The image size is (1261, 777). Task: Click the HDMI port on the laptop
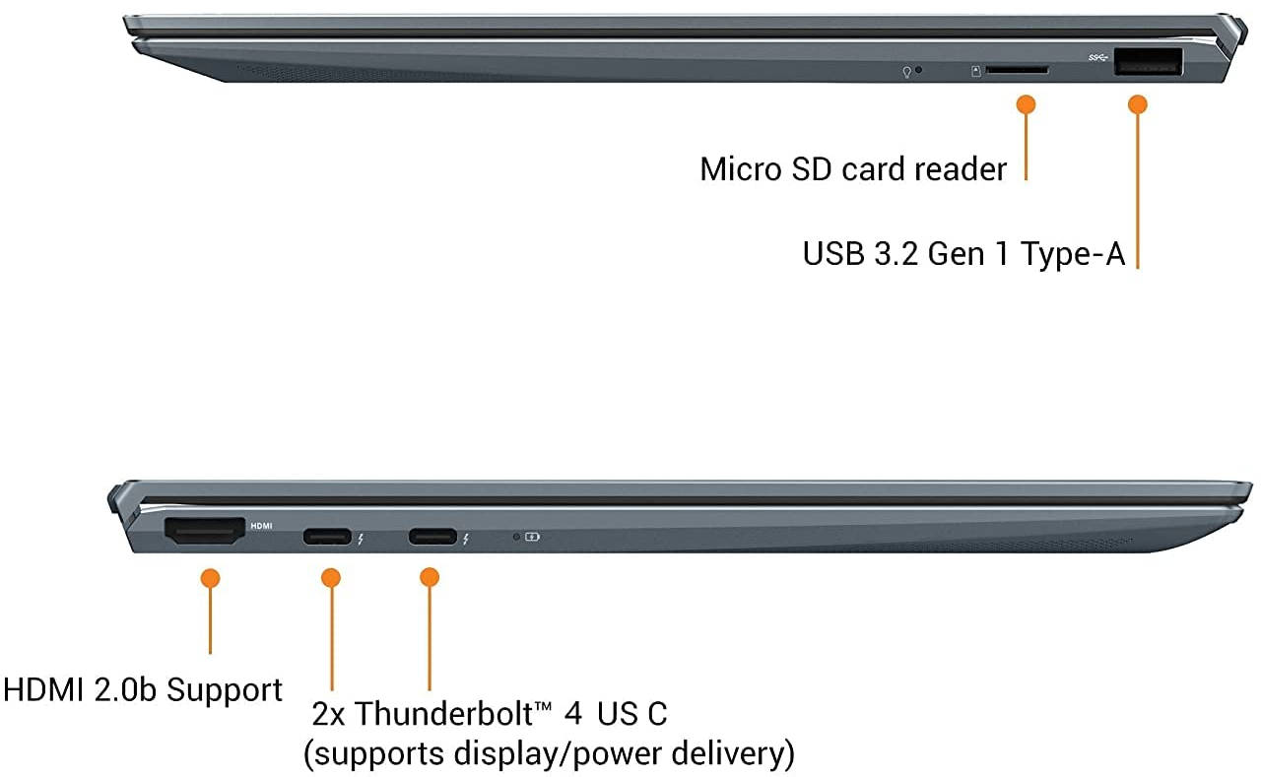tap(205, 531)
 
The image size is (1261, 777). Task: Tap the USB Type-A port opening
tap(1149, 62)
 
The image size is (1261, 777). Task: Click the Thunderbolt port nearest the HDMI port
tap(327, 537)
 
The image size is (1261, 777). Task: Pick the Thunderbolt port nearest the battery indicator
tap(432, 537)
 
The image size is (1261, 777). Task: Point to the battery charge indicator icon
tap(532, 537)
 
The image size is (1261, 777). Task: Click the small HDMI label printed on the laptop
tap(261, 526)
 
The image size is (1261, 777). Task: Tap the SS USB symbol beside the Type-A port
tap(1097, 57)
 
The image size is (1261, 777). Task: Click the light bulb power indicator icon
tap(907, 72)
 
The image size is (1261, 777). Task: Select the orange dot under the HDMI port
tap(210, 578)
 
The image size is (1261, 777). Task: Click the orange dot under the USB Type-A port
tap(1138, 104)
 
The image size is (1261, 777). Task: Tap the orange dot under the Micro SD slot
tap(1027, 104)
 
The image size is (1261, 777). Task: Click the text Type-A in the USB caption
tap(1073, 254)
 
